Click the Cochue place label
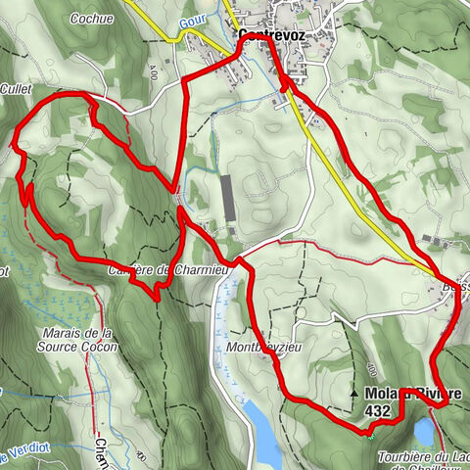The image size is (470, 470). [x=93, y=18]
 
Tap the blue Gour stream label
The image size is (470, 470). [x=192, y=20]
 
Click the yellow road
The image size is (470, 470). [x=362, y=196]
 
